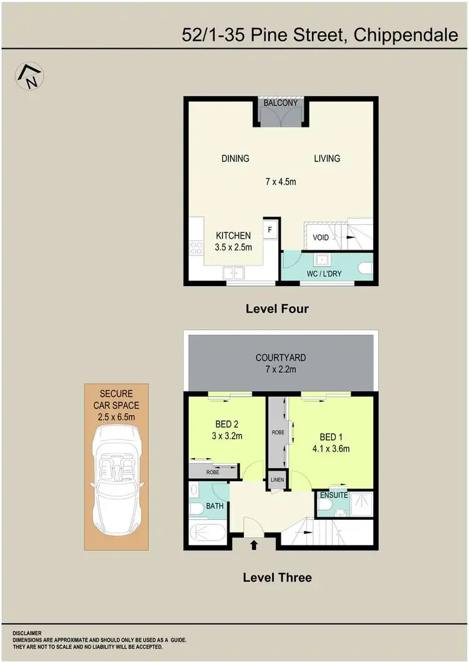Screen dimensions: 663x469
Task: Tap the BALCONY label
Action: tap(280, 103)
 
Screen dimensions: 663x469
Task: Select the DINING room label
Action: tap(235, 159)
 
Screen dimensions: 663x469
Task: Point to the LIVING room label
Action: tap(327, 159)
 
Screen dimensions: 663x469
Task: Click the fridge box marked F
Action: tap(270, 229)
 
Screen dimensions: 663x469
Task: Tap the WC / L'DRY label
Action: tap(323, 274)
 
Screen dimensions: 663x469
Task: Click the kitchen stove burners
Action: tap(196, 248)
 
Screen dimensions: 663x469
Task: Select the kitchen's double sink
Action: tap(234, 272)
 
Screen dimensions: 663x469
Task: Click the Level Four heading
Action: tap(277, 309)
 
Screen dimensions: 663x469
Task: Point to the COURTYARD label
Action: tap(281, 358)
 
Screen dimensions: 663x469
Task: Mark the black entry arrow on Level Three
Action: tap(254, 545)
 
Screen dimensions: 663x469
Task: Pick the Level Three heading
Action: tap(277, 577)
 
